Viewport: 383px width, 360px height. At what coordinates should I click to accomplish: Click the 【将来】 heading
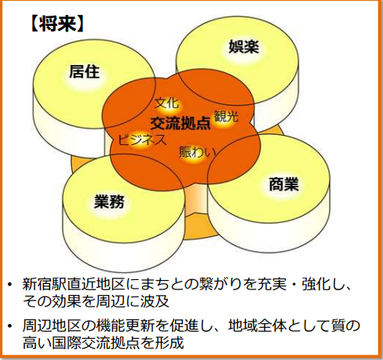[x=57, y=24]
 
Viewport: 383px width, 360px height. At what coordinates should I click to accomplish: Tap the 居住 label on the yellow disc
[x=84, y=71]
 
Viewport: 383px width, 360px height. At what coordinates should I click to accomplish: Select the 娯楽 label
[x=244, y=46]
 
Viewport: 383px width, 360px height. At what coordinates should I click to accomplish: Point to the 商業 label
[x=284, y=184]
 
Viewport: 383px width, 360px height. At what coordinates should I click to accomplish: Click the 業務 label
[x=109, y=202]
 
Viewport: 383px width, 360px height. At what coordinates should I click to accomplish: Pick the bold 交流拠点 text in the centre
[x=181, y=123]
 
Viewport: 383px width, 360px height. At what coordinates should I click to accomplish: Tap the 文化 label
[x=167, y=103]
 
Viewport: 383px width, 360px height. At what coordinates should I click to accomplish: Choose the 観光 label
[x=226, y=116]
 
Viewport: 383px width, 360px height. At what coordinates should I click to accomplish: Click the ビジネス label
[x=142, y=140]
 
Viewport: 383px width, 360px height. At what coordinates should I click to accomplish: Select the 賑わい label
[x=198, y=152]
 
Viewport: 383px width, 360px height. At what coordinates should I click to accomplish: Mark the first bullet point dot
[x=9, y=284]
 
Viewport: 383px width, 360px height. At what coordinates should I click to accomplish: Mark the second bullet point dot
[x=9, y=325]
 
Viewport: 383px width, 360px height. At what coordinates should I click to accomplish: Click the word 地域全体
[x=257, y=325]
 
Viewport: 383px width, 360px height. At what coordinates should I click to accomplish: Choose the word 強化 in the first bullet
[x=316, y=284]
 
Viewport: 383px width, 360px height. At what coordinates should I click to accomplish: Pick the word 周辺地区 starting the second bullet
[x=52, y=325]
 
